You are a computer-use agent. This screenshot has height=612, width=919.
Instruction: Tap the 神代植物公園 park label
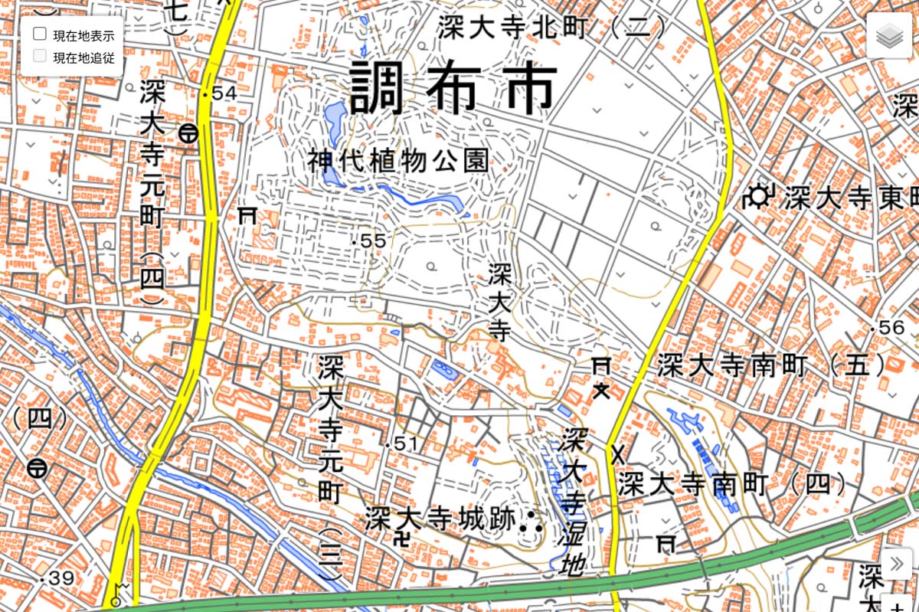[398, 162]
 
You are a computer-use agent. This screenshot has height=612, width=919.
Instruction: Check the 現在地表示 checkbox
[40, 34]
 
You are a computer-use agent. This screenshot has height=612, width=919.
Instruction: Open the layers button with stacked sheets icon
[888, 35]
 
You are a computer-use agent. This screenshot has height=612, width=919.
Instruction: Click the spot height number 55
[373, 241]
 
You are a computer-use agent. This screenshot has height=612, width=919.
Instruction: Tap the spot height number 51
[407, 444]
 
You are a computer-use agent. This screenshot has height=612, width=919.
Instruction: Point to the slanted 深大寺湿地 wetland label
[572, 501]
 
